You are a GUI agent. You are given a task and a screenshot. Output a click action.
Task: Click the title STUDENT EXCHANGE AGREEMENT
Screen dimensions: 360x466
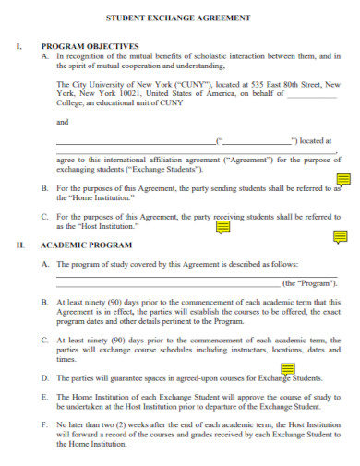click(x=179, y=18)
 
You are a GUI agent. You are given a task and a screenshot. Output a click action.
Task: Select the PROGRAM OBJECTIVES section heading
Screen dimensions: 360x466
click(x=90, y=45)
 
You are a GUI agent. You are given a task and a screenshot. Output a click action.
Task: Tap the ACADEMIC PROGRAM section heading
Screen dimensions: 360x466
click(x=86, y=245)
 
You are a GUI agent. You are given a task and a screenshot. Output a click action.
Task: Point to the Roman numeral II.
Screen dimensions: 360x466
click(x=19, y=245)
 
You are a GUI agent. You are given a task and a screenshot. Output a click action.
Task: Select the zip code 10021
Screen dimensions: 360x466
click(x=107, y=91)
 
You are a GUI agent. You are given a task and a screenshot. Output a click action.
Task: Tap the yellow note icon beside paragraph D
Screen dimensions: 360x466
click(x=288, y=371)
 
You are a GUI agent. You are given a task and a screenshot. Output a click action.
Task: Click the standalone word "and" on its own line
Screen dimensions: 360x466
click(x=62, y=122)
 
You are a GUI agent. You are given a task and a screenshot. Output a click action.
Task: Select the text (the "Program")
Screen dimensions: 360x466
click(x=309, y=283)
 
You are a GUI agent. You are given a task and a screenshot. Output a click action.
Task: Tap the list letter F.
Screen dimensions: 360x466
click(x=46, y=424)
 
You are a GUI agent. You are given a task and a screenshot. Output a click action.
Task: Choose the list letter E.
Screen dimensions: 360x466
click(x=46, y=396)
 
